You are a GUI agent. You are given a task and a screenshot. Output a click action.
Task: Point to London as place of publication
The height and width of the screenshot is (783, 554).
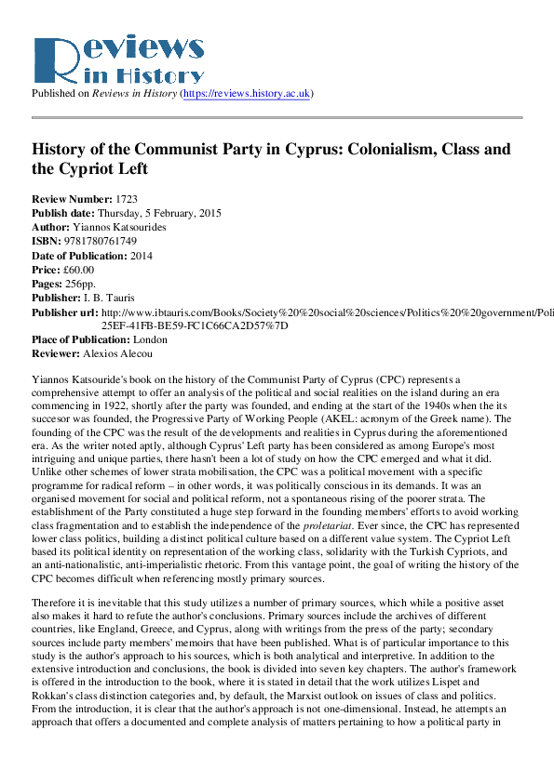[x=150, y=340]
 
